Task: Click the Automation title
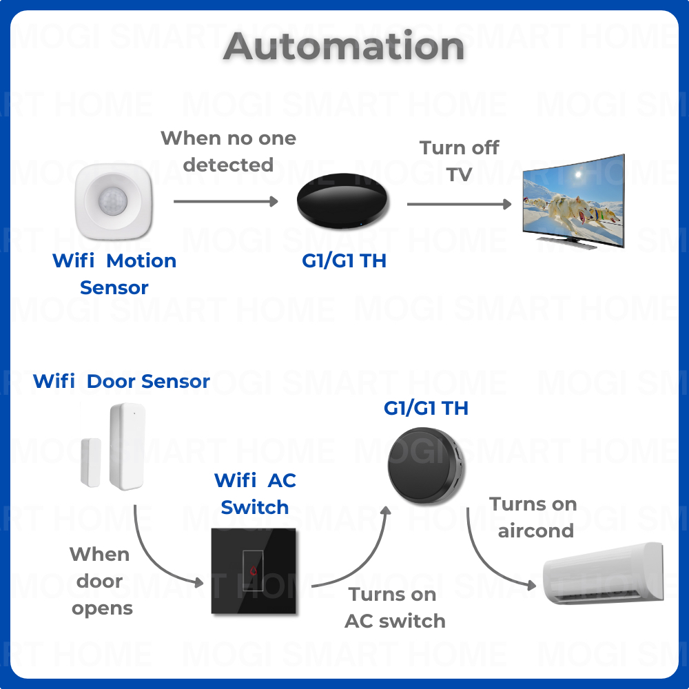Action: click(344, 47)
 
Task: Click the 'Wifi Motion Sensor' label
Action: click(114, 274)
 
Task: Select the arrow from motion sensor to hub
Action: click(226, 201)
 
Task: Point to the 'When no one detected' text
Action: click(228, 152)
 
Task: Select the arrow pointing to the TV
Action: click(459, 204)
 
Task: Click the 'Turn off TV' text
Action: click(460, 161)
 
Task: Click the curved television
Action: click(573, 201)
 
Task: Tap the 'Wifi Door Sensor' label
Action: click(121, 381)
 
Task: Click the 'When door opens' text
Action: click(101, 582)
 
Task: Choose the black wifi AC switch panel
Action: click(254, 571)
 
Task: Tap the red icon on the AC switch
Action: click(254, 571)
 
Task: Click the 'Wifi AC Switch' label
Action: click(255, 493)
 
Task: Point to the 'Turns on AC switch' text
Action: click(395, 607)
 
